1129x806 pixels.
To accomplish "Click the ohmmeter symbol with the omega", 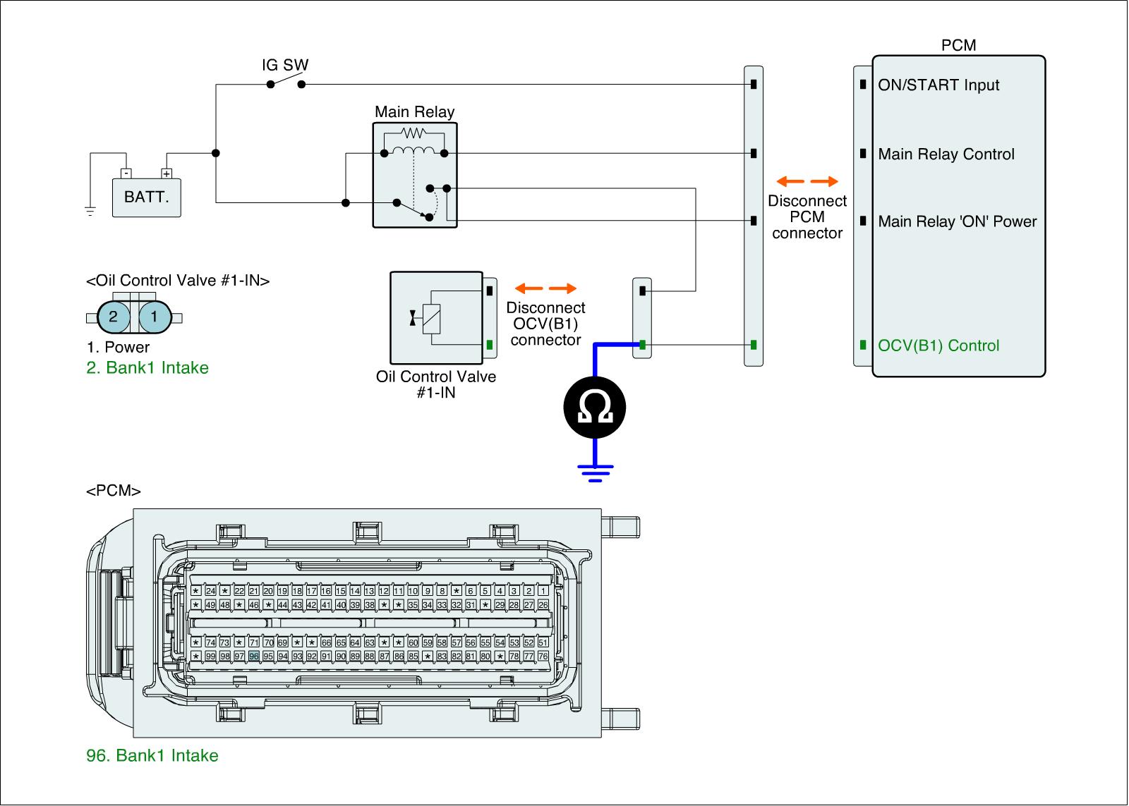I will pyautogui.click(x=594, y=409).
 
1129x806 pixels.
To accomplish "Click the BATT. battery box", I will pyautogui.click(x=147, y=197).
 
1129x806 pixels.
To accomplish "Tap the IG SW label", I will pyautogui.click(x=285, y=66).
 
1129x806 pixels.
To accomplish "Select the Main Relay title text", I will pyautogui.click(x=414, y=111).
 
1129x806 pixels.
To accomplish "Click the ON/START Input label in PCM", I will pyautogui.click(x=938, y=85).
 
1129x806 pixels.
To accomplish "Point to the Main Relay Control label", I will pyautogui.click(x=946, y=154).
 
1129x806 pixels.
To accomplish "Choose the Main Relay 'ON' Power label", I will pyautogui.click(x=957, y=221).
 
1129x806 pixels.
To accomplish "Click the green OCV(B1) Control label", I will pyautogui.click(x=938, y=346).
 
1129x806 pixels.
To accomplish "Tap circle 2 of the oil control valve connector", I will pyautogui.click(x=114, y=317).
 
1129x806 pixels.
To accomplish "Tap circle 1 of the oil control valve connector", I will pyautogui.click(x=155, y=317).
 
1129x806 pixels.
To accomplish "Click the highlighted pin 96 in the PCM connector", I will pyautogui.click(x=254, y=656).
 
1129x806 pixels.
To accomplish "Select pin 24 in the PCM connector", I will pyautogui.click(x=210, y=591).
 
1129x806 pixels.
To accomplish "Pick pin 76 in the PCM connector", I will pyautogui.click(x=543, y=656).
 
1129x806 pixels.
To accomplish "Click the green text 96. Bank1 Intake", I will pyautogui.click(x=152, y=755).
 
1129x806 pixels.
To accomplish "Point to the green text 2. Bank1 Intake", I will pyautogui.click(x=147, y=367).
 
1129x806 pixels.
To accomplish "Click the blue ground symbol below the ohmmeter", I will pyautogui.click(x=595, y=471).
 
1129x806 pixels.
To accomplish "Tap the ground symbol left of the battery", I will pyautogui.click(x=90, y=210).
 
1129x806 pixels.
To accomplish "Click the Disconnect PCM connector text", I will pyautogui.click(x=807, y=217).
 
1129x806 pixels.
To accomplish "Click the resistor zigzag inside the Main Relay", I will pyautogui.click(x=413, y=133).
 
